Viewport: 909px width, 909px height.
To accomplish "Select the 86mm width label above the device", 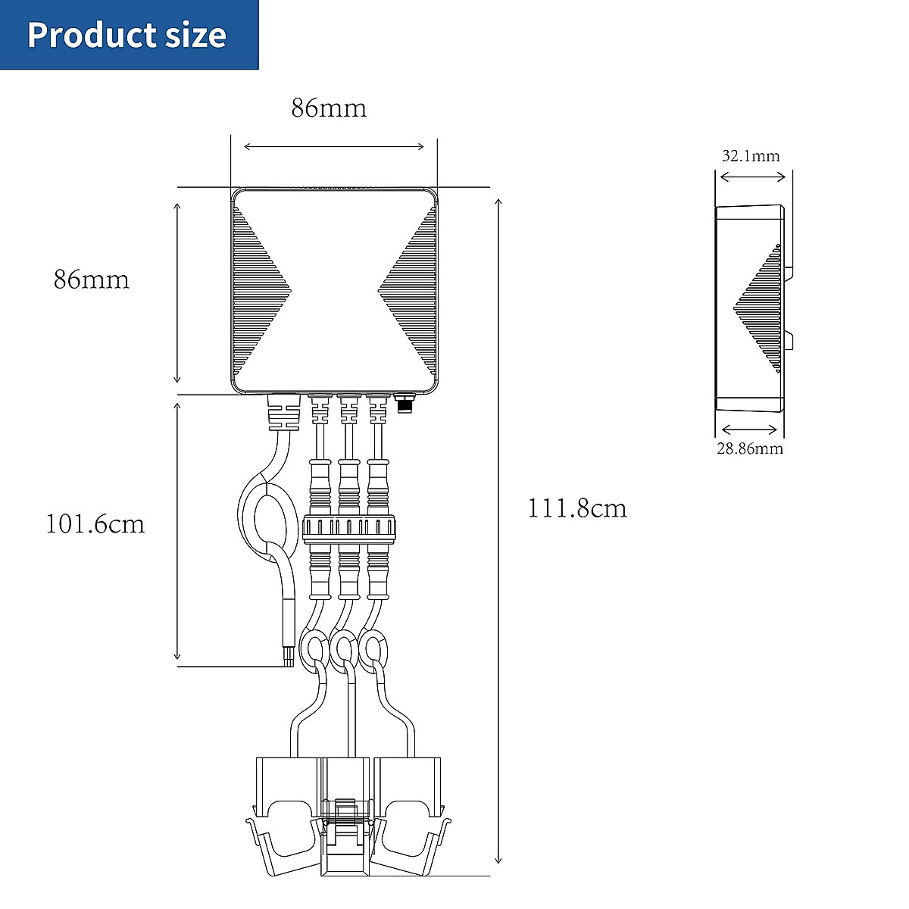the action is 329,108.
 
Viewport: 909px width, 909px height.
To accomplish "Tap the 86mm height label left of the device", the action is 91,280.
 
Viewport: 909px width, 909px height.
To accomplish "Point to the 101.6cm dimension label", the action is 95,524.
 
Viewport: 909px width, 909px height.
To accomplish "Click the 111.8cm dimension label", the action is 577,508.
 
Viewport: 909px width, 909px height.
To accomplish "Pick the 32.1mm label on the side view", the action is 750,156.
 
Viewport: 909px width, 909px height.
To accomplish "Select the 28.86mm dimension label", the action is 750,448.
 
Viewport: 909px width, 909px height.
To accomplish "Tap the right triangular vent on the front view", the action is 410,292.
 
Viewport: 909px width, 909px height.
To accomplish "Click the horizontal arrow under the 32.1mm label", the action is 752,176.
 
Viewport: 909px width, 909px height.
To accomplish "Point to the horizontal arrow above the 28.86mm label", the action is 748,430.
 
